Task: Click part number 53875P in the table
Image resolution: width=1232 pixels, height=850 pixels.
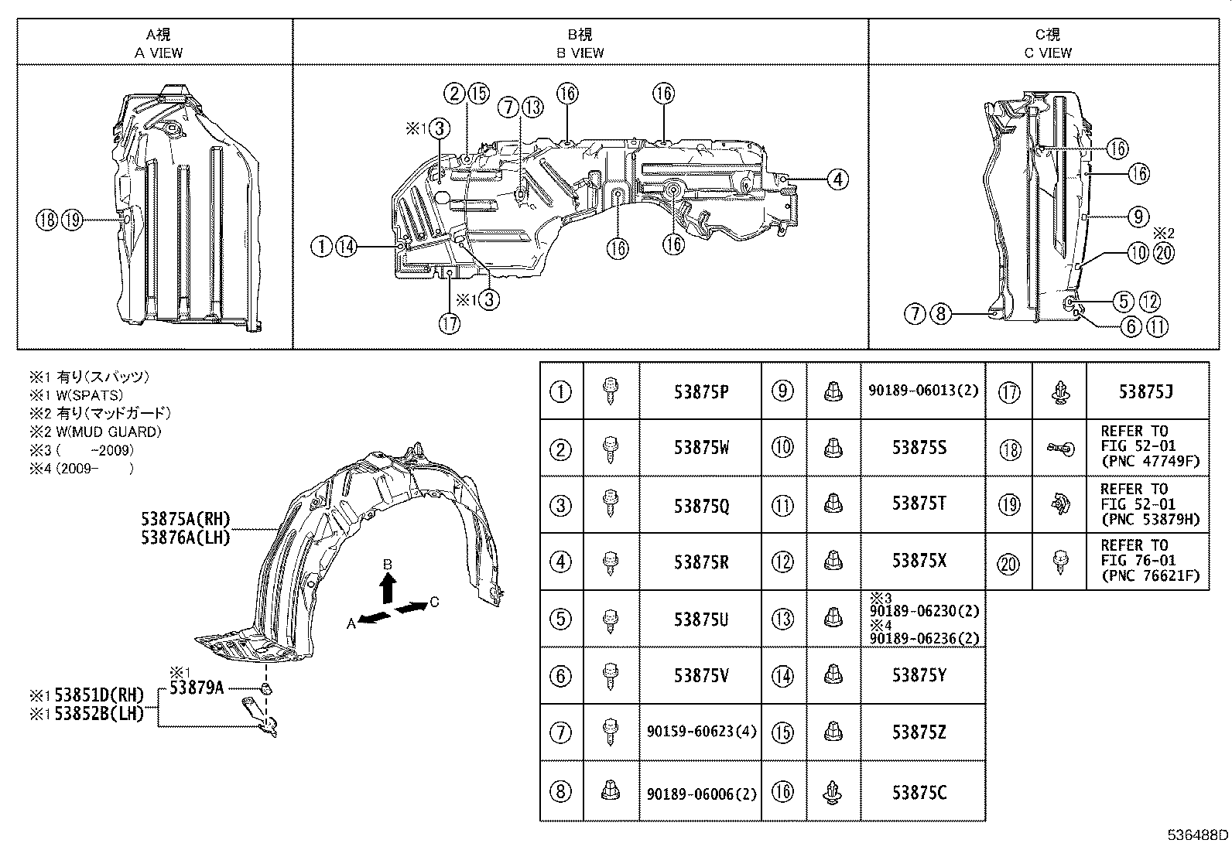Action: point(700,391)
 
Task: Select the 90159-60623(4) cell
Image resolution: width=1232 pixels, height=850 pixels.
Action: point(700,732)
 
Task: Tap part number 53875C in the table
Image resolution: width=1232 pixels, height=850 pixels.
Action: point(919,793)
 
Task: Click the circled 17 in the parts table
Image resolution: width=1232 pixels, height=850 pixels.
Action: point(1010,391)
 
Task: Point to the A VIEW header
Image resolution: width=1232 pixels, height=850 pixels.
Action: point(159,53)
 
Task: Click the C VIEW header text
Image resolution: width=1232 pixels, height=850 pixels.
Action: point(1048,53)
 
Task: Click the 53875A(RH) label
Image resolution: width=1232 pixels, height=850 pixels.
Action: point(186,519)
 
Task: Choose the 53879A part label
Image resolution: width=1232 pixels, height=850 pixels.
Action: point(197,687)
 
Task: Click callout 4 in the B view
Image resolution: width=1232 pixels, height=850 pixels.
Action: point(837,179)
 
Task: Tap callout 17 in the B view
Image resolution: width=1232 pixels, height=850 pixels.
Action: point(449,323)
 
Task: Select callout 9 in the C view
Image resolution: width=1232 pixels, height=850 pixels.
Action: point(1138,217)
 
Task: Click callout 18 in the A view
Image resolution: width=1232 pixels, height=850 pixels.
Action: point(46,220)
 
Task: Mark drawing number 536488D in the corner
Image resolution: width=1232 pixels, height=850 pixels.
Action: point(1197,835)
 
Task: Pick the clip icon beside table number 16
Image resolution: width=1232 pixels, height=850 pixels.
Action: point(833,793)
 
